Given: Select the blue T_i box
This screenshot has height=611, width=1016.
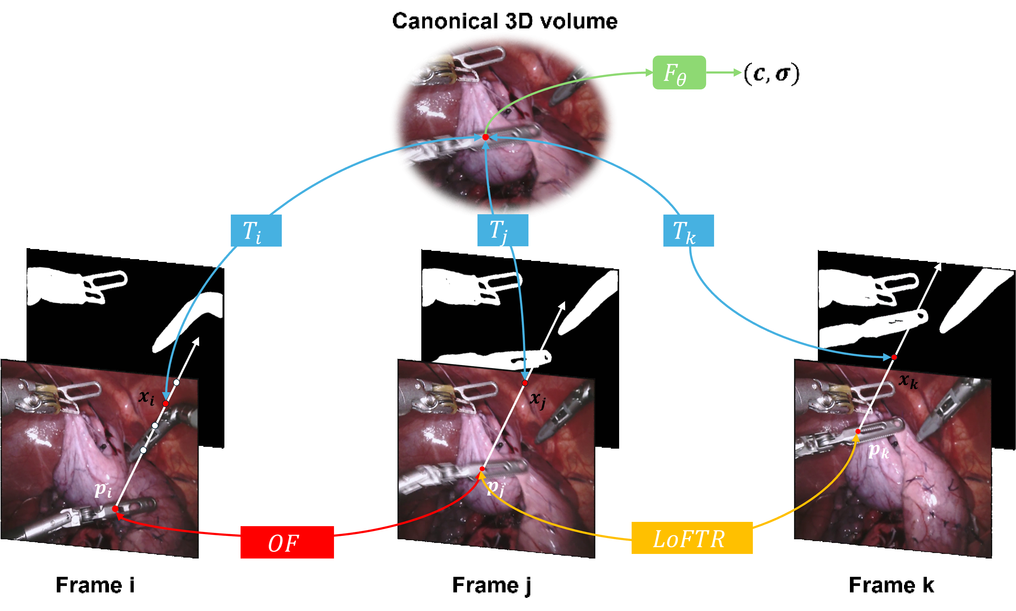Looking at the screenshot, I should (256, 230).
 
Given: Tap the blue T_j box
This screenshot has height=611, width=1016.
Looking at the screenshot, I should (503, 230).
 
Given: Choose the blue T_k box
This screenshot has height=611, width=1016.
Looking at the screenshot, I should (688, 230).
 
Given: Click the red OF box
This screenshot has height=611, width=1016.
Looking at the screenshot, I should (287, 542).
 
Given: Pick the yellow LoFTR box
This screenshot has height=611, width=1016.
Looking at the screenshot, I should (692, 538).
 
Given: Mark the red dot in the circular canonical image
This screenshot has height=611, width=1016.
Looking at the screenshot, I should (485, 137).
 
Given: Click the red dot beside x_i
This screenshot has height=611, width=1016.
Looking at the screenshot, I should (165, 404).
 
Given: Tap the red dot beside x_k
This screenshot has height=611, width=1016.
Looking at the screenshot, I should (894, 357).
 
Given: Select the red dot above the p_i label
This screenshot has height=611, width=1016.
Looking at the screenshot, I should (115, 509).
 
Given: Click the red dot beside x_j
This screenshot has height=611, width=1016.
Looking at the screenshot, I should (525, 383).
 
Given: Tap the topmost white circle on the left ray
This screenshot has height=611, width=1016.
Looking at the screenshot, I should (176, 382).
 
